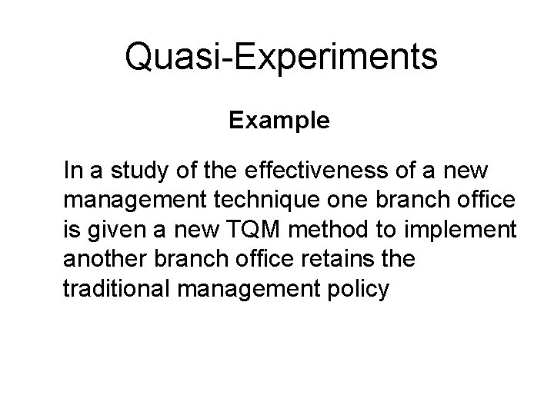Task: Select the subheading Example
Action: [279, 121]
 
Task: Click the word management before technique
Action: [128, 201]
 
